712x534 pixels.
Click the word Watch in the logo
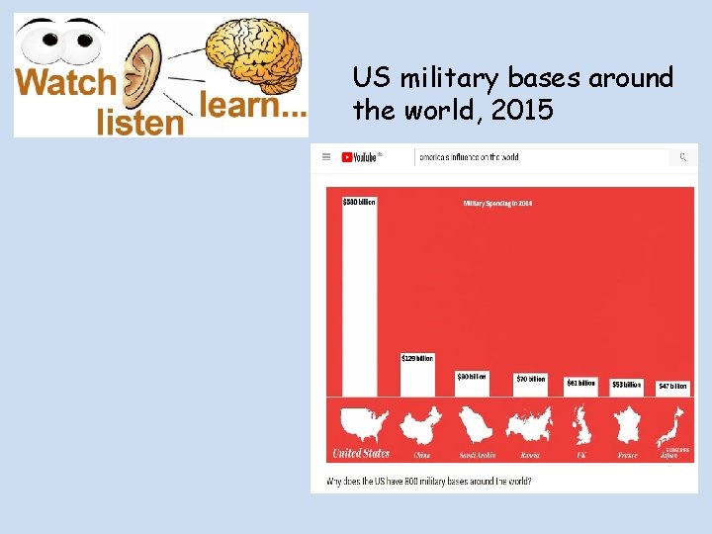(66, 82)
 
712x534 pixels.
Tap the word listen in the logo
(139, 121)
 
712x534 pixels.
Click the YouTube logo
(361, 156)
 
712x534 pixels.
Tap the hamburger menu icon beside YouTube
(327, 156)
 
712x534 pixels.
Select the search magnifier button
(682, 156)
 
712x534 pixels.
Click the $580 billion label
(359, 202)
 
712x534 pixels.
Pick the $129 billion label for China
(417, 358)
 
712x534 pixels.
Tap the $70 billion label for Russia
(531, 379)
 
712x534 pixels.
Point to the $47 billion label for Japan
(672, 387)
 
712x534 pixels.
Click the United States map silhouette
(363, 425)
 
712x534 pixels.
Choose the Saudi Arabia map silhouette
(477, 426)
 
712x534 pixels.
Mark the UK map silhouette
(581, 427)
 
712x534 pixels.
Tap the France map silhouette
(628, 427)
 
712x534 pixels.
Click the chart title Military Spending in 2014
(498, 204)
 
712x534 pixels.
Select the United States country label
(361, 454)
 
